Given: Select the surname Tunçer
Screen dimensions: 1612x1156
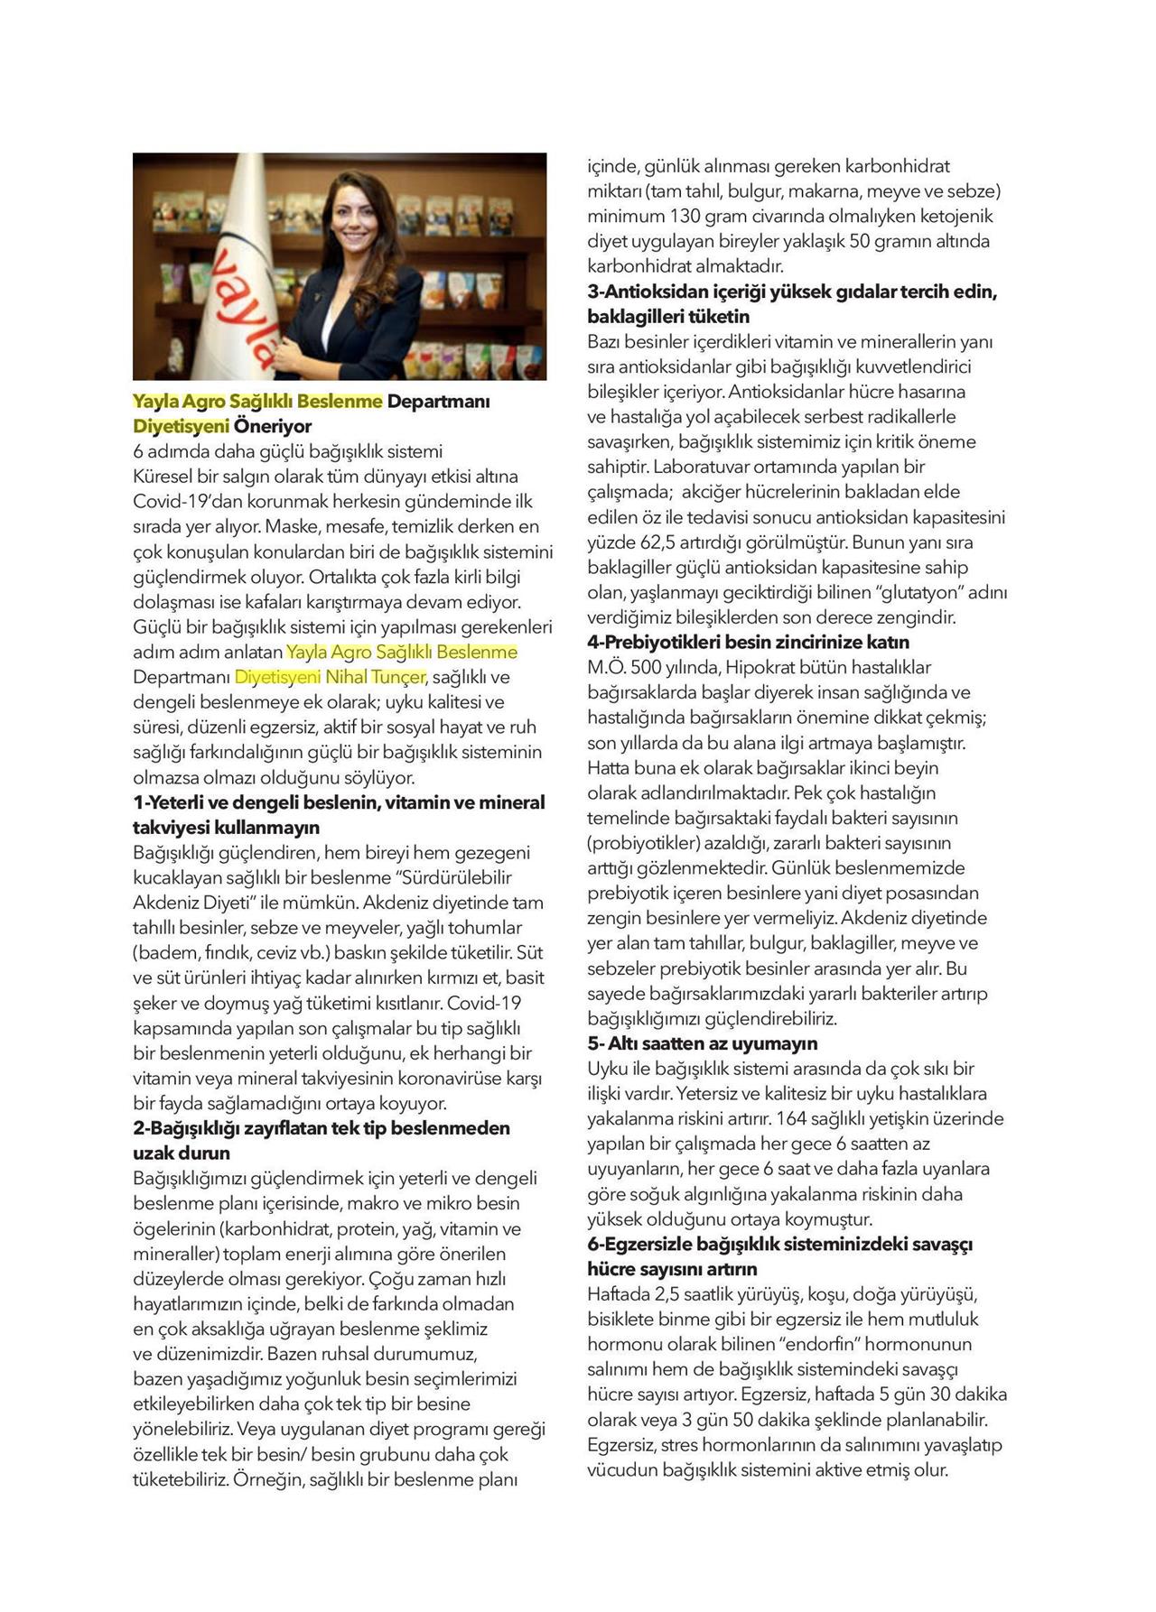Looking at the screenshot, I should coord(397,677).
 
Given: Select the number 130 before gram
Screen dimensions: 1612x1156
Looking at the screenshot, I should coord(688,217).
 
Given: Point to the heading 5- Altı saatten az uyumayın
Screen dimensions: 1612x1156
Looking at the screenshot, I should coord(703,1043).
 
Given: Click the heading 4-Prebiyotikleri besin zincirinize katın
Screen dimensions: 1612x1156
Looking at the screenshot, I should coord(748,643).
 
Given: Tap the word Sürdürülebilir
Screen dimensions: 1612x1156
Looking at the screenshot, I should coord(457,877).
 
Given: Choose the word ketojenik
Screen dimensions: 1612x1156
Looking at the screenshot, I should coord(951,217).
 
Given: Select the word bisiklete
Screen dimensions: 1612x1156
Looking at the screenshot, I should coord(623,1319).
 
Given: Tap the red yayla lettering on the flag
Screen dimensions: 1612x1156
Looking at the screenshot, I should coord(243,307).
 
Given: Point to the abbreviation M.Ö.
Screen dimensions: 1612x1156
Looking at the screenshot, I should coord(607,668).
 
